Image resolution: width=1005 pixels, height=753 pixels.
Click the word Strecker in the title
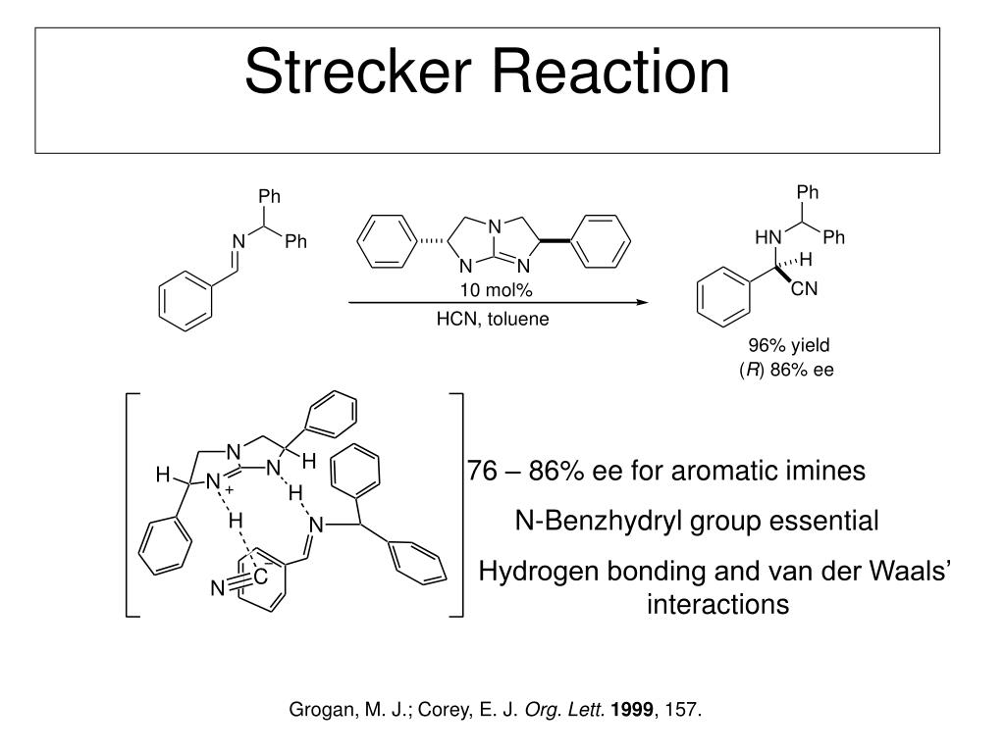tap(354, 73)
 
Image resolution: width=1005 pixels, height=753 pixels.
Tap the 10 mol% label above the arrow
tap(496, 290)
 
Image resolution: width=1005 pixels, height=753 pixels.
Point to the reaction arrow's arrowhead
tap(644, 303)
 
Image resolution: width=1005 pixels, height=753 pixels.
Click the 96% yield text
tap(789, 345)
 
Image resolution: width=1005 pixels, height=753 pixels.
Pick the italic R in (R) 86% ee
tap(752, 371)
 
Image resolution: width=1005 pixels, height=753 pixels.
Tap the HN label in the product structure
tap(767, 238)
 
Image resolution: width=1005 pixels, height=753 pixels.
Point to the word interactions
tap(717, 605)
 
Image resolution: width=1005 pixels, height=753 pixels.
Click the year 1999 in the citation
tap(629, 710)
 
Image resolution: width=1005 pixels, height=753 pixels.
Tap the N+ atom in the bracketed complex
tap(215, 481)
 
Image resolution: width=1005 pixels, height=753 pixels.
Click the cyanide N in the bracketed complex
tap(218, 589)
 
